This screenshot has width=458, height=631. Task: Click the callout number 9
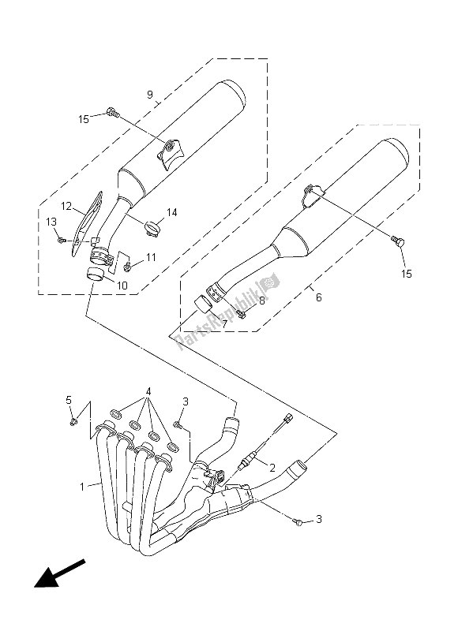(x=150, y=95)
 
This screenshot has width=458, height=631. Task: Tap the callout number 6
(x=319, y=297)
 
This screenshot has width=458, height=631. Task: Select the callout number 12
(x=66, y=207)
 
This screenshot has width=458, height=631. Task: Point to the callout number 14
(x=172, y=212)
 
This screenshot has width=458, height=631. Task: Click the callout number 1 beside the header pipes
(x=82, y=487)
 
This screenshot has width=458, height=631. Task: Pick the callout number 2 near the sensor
(x=272, y=468)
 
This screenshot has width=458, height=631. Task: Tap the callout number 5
(x=69, y=400)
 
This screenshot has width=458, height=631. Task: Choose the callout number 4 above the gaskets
(x=148, y=391)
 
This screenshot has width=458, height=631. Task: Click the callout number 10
(x=122, y=286)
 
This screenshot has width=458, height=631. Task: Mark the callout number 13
(x=51, y=222)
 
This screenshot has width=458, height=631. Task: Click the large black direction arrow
(x=59, y=573)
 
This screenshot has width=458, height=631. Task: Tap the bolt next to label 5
(x=73, y=422)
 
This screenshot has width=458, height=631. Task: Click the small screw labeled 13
(x=62, y=241)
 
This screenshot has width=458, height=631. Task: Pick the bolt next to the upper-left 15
(x=113, y=113)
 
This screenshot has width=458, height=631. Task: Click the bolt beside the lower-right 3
(x=298, y=522)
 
